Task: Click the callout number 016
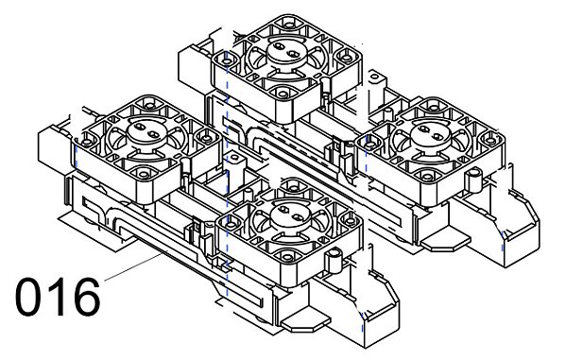(58, 297)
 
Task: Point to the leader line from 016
(133, 267)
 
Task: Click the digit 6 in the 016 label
(86, 297)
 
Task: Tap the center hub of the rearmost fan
(285, 51)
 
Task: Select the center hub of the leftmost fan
(146, 131)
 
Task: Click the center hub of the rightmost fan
(430, 133)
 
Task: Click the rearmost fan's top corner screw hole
(288, 26)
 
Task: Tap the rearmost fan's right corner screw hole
(347, 57)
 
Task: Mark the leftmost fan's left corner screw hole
(86, 142)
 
